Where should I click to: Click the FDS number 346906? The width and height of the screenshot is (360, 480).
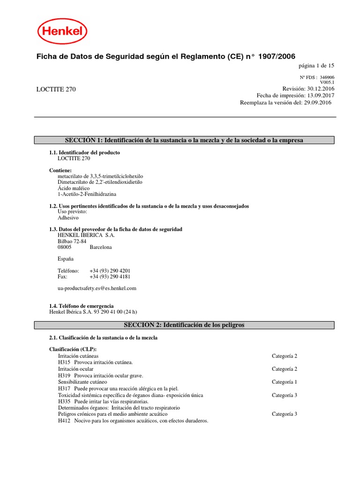pyautogui.click(x=327, y=77)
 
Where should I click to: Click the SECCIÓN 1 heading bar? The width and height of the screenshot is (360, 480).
pyautogui.click(x=184, y=140)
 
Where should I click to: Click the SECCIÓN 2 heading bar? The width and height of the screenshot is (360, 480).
pyautogui.click(x=184, y=325)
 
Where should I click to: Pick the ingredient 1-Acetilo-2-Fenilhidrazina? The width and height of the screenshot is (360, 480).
pyautogui.click(x=87, y=194)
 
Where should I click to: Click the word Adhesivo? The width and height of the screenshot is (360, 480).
pyautogui.click(x=68, y=217)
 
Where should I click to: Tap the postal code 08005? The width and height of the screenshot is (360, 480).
pyautogui.click(x=65, y=247)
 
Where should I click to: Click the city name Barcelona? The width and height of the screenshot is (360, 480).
pyautogui.click(x=100, y=247)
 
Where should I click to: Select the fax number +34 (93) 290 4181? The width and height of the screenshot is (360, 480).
pyautogui.click(x=110, y=277)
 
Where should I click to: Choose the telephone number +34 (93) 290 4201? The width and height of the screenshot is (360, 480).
pyautogui.click(x=110, y=270)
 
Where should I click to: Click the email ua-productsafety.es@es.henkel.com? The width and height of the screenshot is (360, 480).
pyautogui.click(x=97, y=288)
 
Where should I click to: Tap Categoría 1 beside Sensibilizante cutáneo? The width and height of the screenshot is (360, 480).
pyautogui.click(x=284, y=382)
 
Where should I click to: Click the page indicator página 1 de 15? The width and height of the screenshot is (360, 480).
pyautogui.click(x=316, y=66)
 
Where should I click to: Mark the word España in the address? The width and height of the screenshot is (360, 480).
pyautogui.click(x=66, y=259)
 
